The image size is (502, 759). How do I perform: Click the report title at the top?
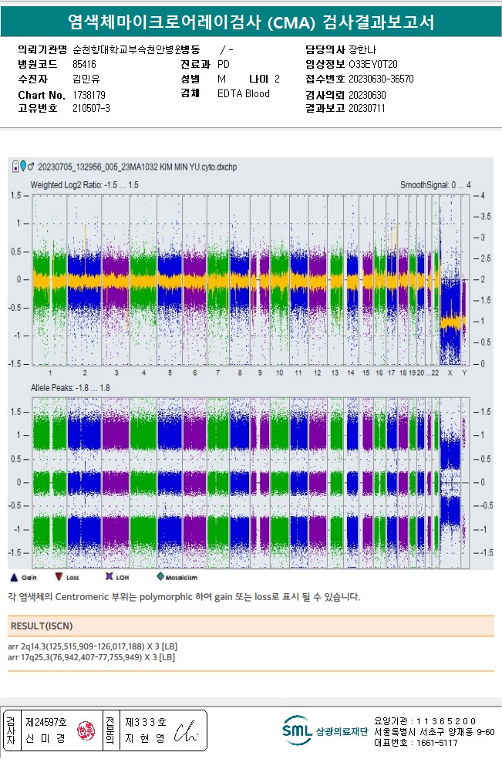click(x=251, y=22)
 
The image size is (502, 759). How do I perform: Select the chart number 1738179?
click(x=89, y=94)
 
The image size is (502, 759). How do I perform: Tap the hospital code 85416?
click(x=84, y=65)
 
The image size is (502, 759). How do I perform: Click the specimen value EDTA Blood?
click(x=244, y=94)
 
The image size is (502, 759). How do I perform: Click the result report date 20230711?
click(x=367, y=109)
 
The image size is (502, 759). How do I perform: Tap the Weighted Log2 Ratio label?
click(x=85, y=185)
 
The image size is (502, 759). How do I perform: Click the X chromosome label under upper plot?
click(x=450, y=373)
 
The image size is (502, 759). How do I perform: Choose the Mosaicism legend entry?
click(x=177, y=577)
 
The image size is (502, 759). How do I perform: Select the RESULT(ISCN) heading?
click(x=42, y=626)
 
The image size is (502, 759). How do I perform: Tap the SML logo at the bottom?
click(x=296, y=730)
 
